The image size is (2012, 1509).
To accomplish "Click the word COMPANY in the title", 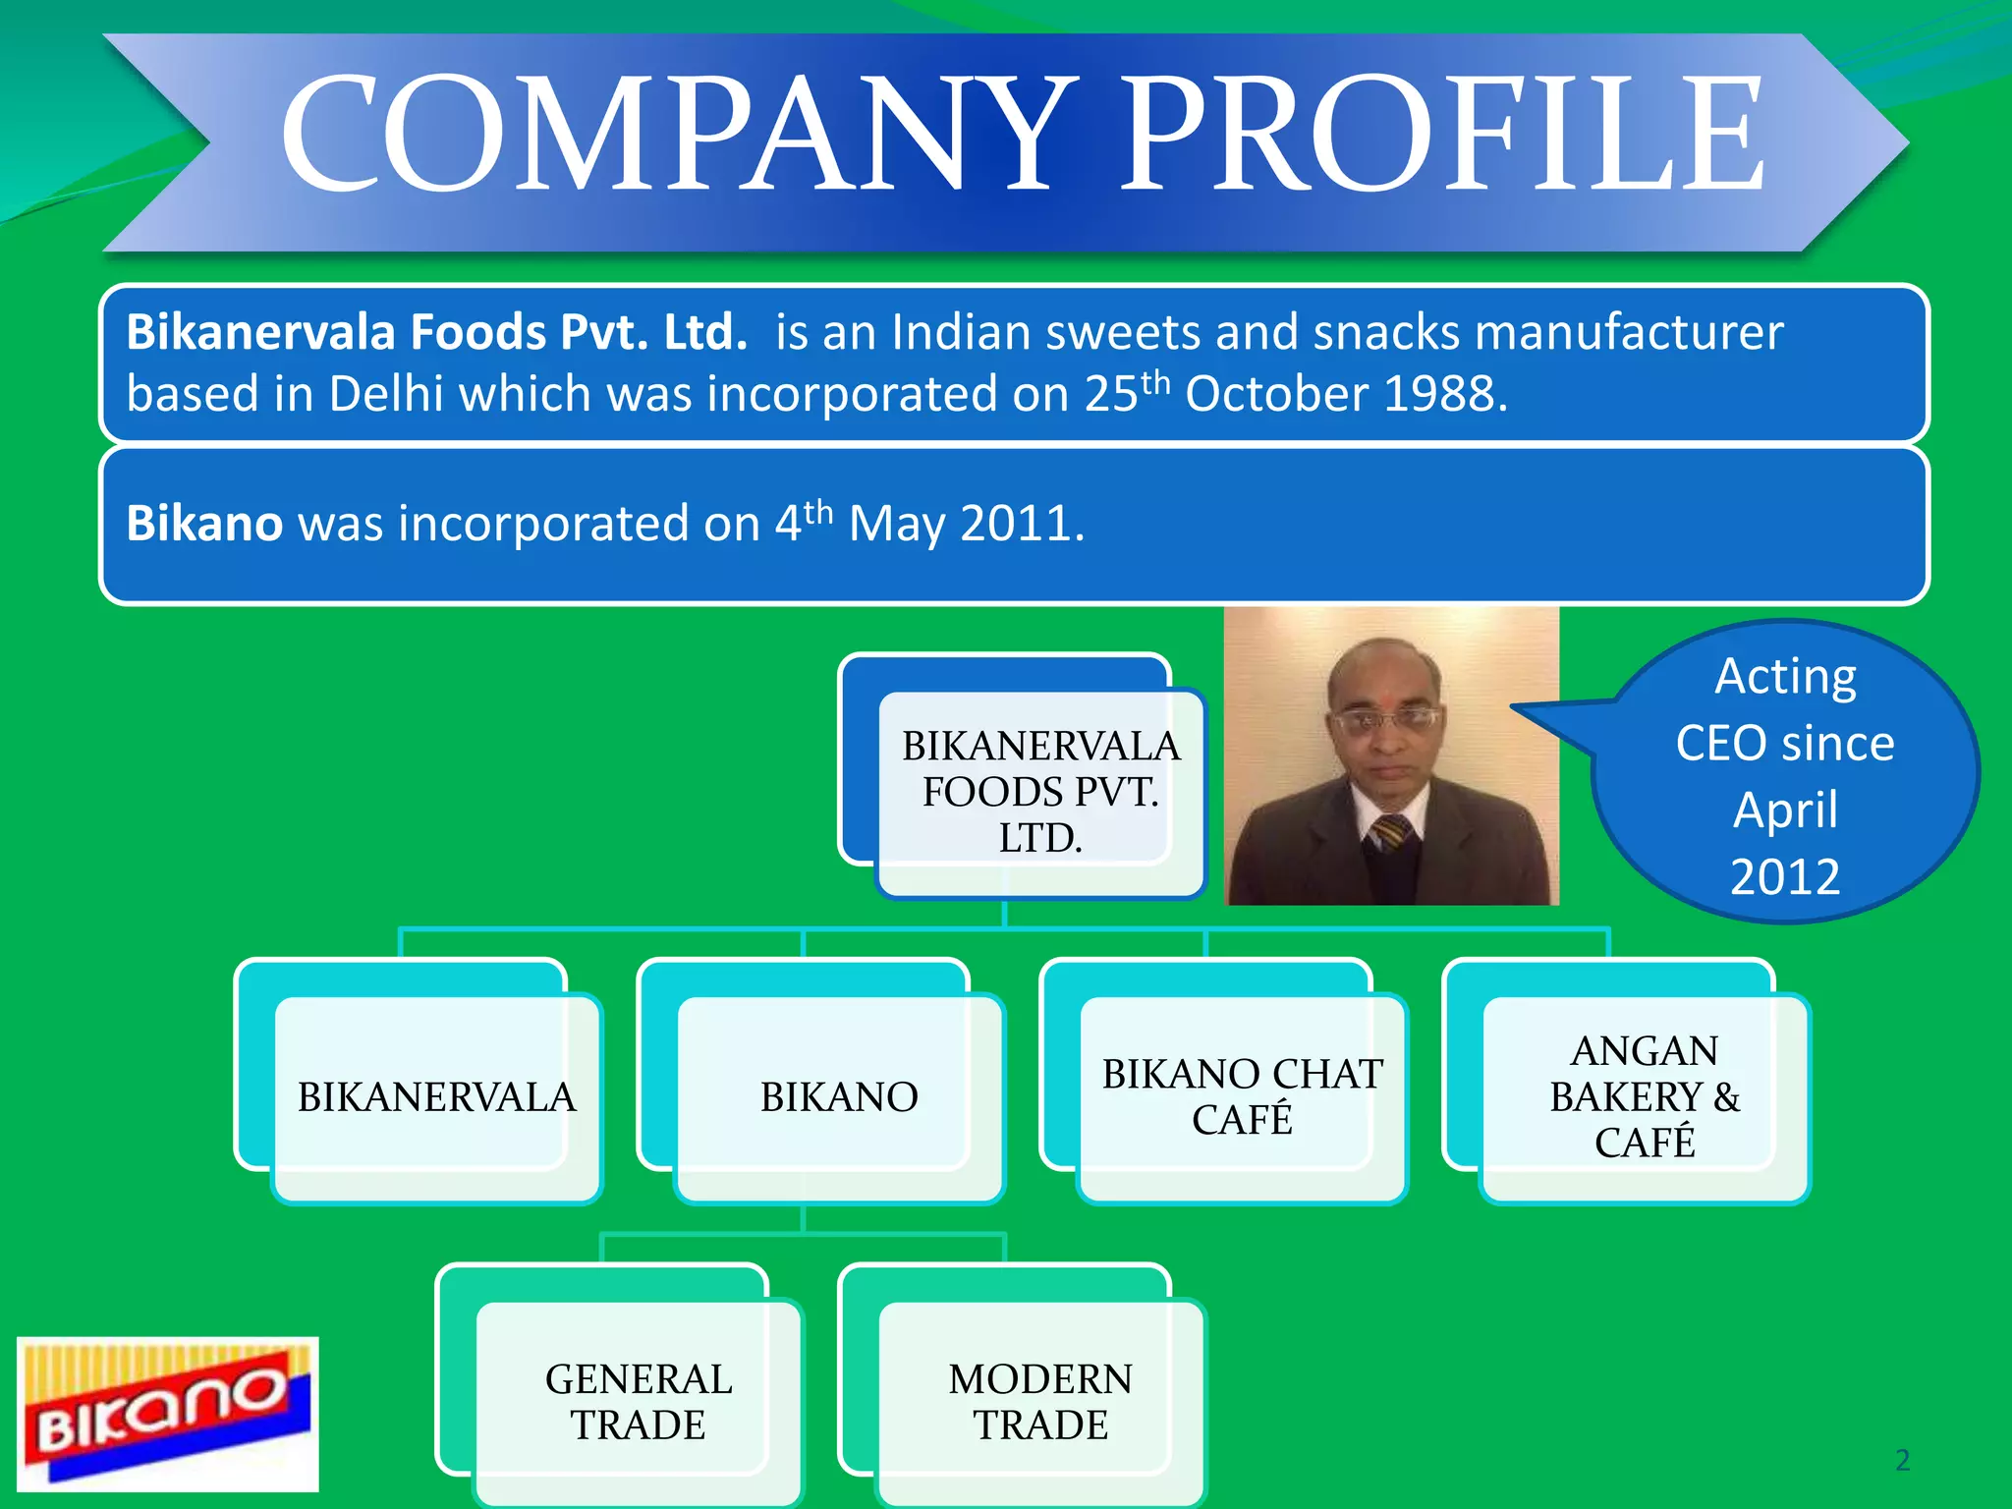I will point(678,136).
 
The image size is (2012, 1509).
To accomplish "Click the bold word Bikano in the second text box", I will point(204,523).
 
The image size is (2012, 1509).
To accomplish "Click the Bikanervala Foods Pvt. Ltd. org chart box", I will point(1039,792).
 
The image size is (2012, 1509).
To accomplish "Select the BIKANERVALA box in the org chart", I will point(436,1096).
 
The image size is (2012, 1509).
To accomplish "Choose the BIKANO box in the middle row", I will point(839,1096).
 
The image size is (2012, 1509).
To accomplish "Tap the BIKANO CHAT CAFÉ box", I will point(1242,1096).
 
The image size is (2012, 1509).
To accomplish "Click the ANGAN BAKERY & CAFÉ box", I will point(1645,1096).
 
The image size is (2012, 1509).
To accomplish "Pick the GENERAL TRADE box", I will point(639,1402).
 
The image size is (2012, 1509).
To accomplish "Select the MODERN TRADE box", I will point(1040,1402).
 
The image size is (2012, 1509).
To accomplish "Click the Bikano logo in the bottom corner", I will point(167,1413).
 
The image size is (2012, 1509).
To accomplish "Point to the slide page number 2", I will point(1902,1460).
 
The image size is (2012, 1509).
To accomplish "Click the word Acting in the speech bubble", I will point(1785,676).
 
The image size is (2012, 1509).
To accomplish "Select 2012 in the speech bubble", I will point(1785,876).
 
